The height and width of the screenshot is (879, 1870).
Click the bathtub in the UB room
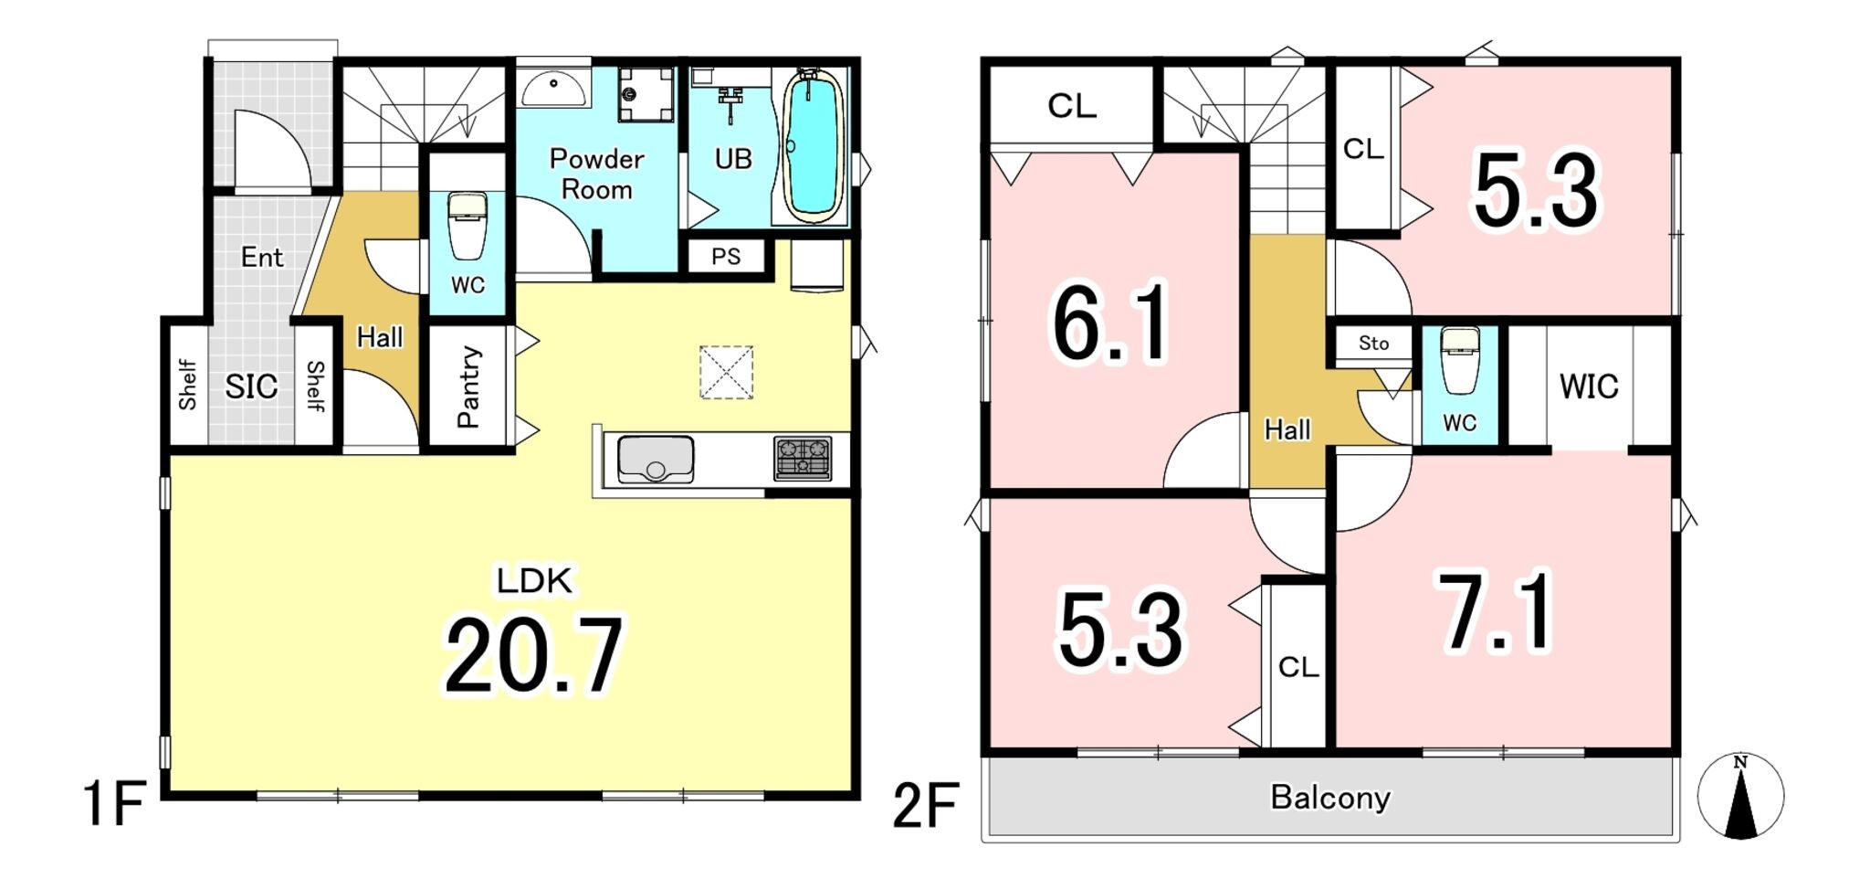point(813,146)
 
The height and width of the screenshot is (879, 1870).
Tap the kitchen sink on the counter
point(656,459)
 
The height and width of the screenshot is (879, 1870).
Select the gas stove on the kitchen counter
point(803,459)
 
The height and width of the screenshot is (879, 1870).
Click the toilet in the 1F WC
point(467,226)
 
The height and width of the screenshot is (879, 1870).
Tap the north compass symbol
point(1740,796)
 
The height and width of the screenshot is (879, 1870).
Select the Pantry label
point(468,387)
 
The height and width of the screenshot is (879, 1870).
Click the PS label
point(726,257)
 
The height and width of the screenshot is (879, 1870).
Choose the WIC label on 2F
point(1589,387)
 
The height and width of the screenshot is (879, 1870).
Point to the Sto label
point(1373,344)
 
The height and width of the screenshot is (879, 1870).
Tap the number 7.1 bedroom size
point(1495,611)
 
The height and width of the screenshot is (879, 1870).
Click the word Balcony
point(1330,798)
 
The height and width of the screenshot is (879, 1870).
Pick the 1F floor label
point(114,804)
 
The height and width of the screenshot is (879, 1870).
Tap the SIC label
point(251,387)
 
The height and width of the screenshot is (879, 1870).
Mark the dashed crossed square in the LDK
point(726,372)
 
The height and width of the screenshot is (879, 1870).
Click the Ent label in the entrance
point(262,258)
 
